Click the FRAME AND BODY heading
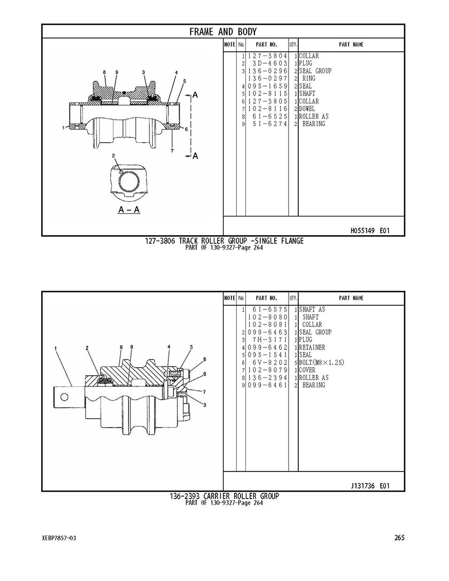click(x=223, y=32)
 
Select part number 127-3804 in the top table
click(x=267, y=56)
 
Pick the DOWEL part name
click(x=307, y=109)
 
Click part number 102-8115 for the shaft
click(x=267, y=94)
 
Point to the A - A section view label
click(x=129, y=210)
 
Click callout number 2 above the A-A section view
click(x=113, y=155)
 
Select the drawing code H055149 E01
click(x=370, y=230)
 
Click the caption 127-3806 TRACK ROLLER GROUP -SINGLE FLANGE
click(x=224, y=241)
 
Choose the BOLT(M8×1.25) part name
click(x=322, y=362)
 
